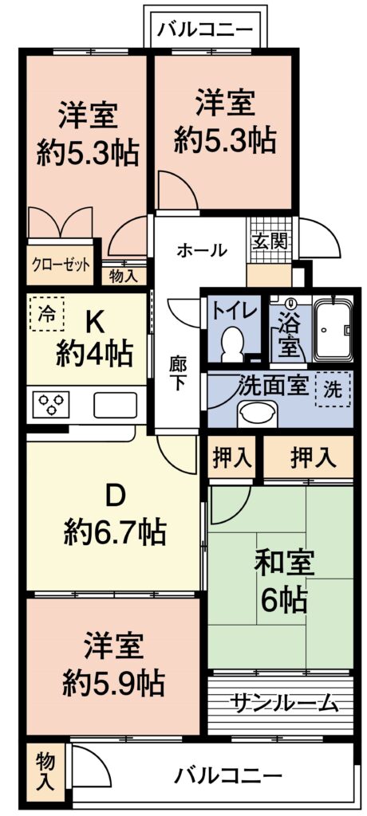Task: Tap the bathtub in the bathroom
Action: (334, 329)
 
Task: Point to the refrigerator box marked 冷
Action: (46, 314)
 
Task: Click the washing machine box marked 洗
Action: (333, 390)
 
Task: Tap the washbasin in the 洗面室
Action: (258, 414)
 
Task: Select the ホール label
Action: (202, 250)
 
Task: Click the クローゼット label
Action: (61, 265)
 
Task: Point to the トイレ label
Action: (234, 312)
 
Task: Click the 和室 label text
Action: (283, 567)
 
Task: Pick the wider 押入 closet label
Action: (310, 457)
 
